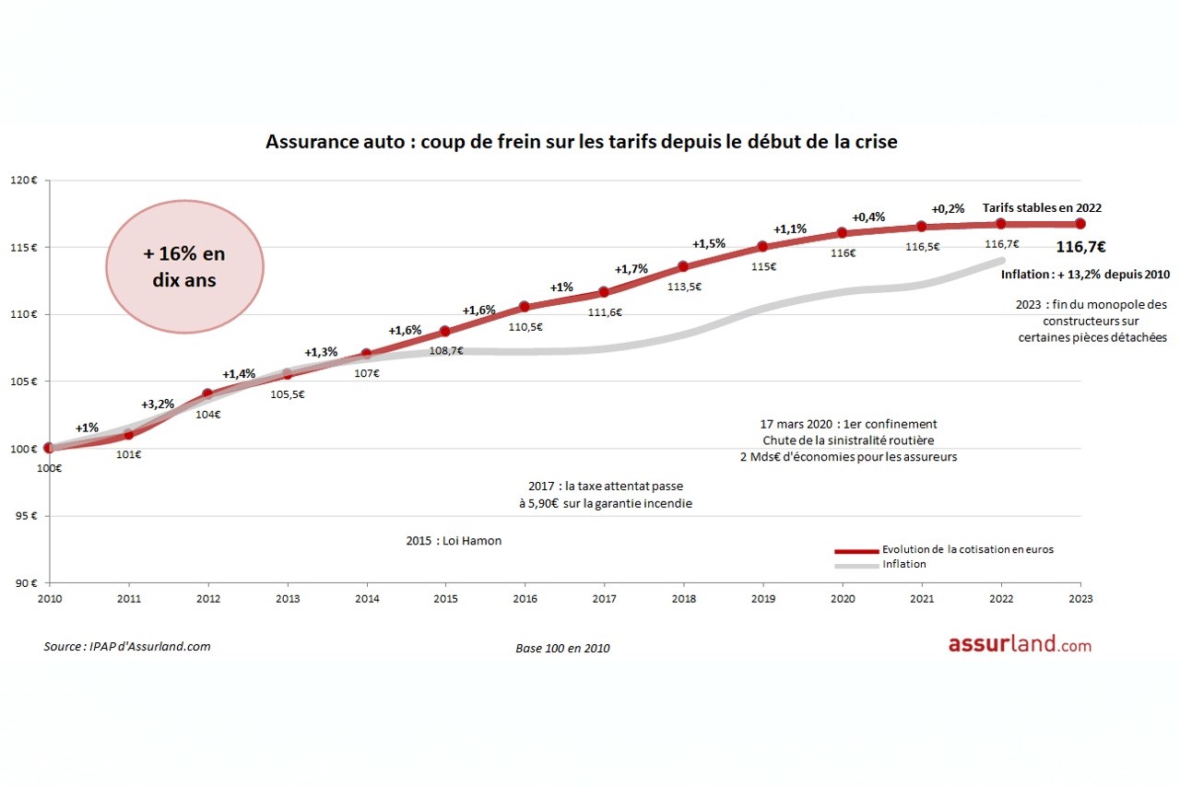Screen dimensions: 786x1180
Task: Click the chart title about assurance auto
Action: click(x=581, y=143)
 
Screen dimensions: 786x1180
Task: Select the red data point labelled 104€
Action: click(x=207, y=393)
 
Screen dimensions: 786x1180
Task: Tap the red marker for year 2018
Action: click(x=683, y=266)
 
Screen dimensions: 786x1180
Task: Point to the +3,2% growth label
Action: click(x=157, y=405)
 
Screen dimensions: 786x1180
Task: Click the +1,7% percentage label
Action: click(x=631, y=269)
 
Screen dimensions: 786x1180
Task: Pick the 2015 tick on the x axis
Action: click(x=446, y=598)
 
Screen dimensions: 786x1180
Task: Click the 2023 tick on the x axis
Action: click(x=1080, y=598)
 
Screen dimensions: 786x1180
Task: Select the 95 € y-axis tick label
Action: click(x=25, y=516)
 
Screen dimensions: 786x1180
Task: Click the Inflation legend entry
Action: click(x=903, y=564)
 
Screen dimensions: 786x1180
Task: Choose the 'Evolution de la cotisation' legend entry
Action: click(x=966, y=549)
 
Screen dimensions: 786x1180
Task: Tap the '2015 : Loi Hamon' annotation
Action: click(x=454, y=541)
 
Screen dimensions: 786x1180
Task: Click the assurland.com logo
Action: click(x=1020, y=645)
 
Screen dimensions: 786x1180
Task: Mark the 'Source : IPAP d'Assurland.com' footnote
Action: click(x=127, y=646)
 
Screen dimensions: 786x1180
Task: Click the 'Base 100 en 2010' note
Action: click(x=562, y=648)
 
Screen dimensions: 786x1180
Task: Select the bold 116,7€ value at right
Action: click(x=1080, y=247)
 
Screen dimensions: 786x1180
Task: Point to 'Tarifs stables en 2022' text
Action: click(x=1042, y=207)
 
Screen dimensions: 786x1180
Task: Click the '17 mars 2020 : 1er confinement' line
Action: click(x=847, y=424)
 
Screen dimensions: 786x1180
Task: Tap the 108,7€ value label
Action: click(x=446, y=351)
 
